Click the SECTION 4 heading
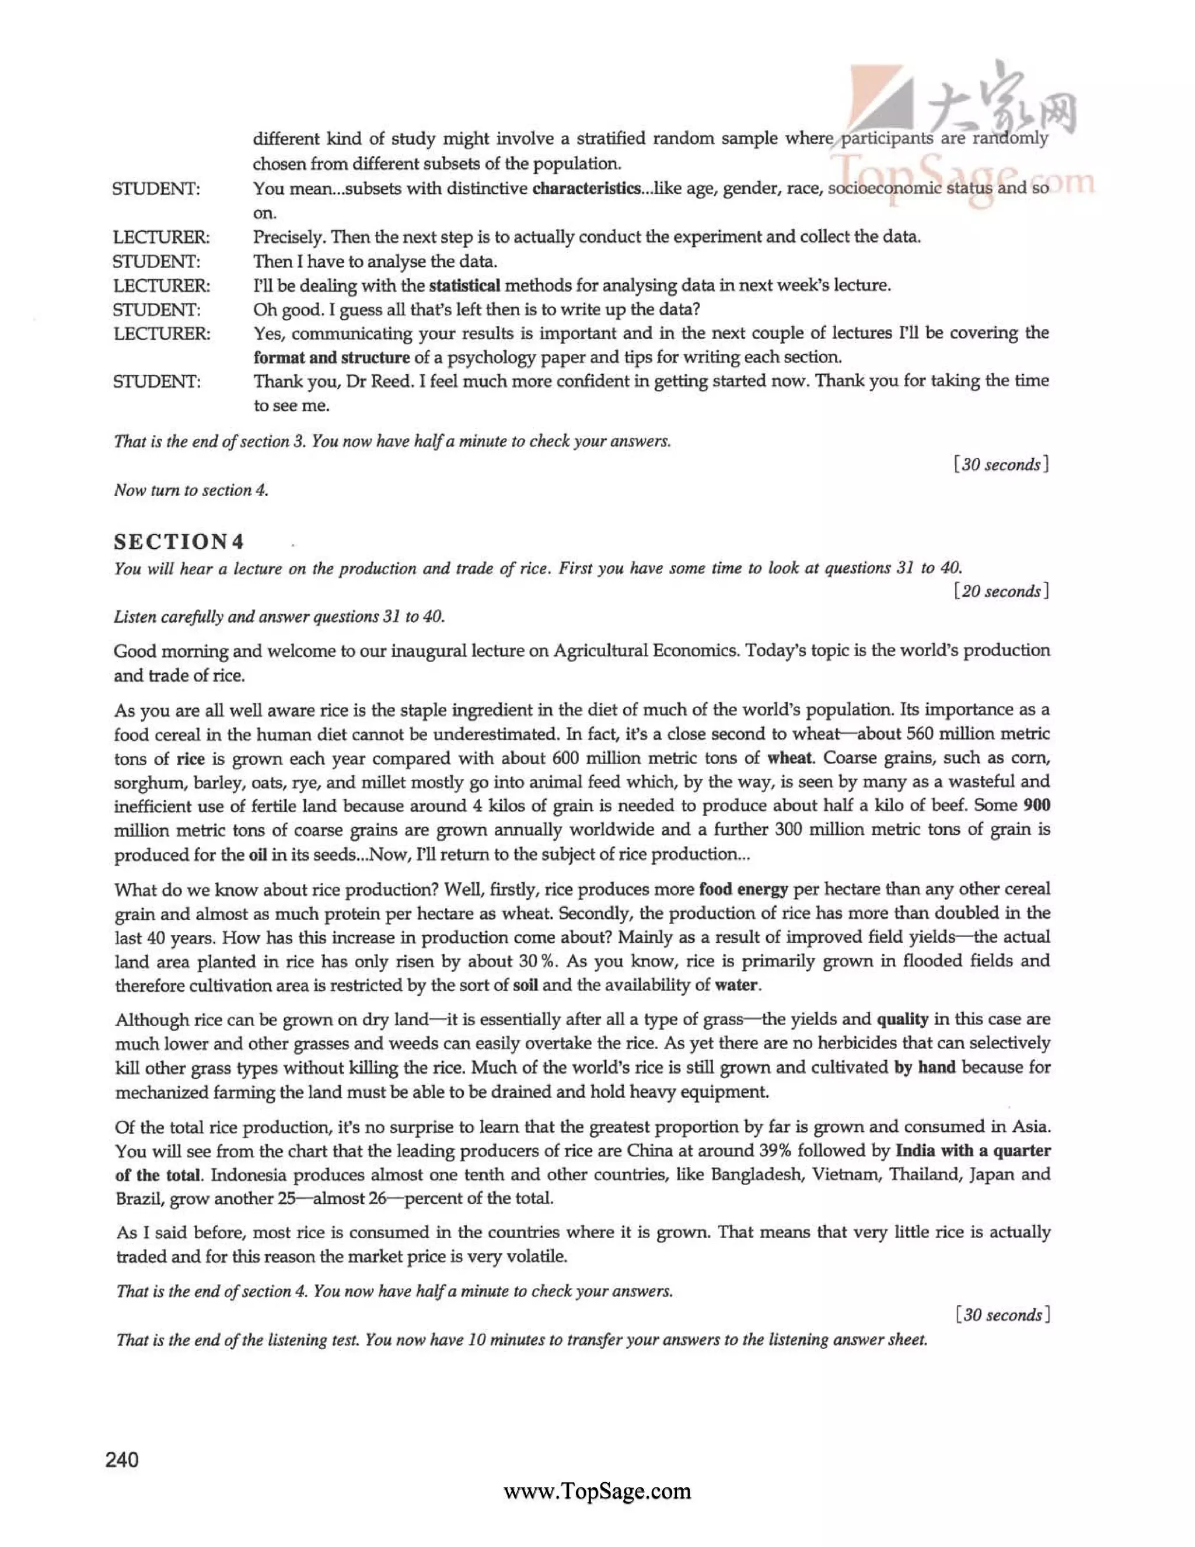[x=179, y=542]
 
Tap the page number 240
[x=122, y=1459]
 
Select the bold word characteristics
[x=586, y=189]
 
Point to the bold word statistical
[x=464, y=285]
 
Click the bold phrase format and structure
[x=331, y=358]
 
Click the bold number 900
[x=1036, y=806]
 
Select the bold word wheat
[x=789, y=758]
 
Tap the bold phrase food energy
[x=743, y=889]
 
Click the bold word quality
[x=903, y=1019]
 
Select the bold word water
[x=736, y=985]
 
